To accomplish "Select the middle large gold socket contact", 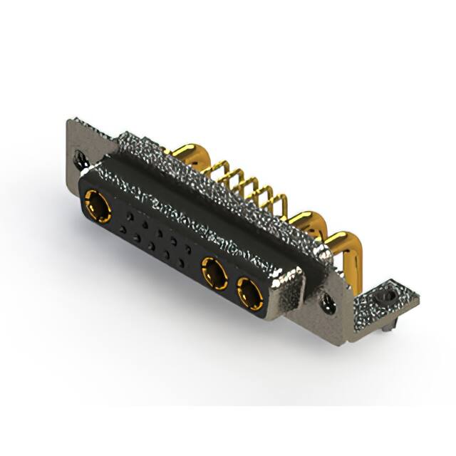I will click(214, 271).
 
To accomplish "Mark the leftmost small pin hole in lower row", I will click(124, 229).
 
